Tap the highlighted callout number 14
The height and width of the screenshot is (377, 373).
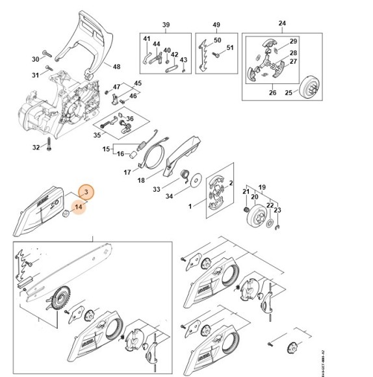pos(78,207)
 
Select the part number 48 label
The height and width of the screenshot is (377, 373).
pos(116,66)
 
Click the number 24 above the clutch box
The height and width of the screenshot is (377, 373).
pos(282,25)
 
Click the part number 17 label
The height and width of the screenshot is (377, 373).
pos(127,172)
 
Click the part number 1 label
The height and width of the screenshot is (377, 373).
pos(189,206)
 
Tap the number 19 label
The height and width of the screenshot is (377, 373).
pos(262,186)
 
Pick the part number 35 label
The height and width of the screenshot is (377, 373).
pos(97,135)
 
